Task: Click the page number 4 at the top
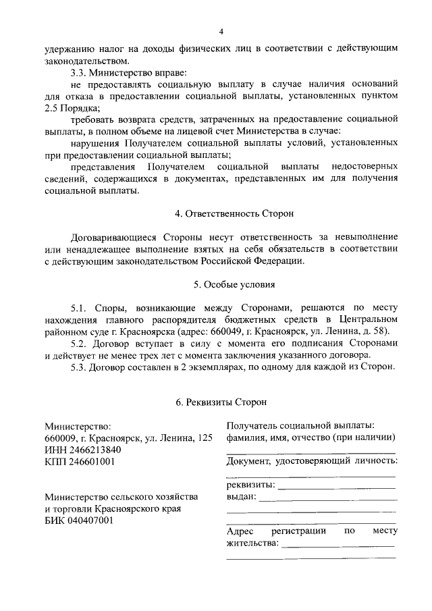coord(221,32)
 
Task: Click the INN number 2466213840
coord(93,450)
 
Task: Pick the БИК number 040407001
coord(90,521)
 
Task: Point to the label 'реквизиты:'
coord(250,485)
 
